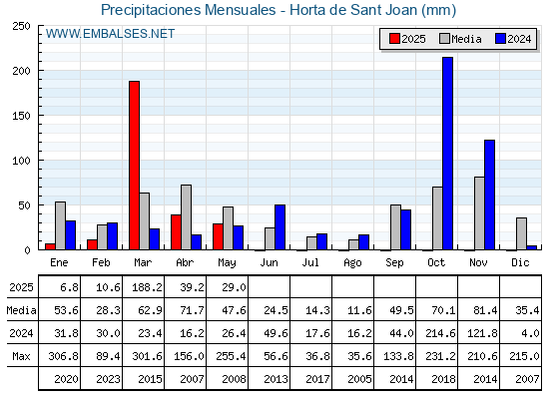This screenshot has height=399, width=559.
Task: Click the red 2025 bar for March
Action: pyautogui.click(x=134, y=166)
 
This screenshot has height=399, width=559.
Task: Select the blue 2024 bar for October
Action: pyautogui.click(x=448, y=154)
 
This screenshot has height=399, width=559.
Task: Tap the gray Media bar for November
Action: pyautogui.click(x=479, y=213)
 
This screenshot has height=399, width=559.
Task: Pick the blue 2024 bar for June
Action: pyautogui.click(x=279, y=227)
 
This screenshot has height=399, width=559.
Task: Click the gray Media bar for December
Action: pyautogui.click(x=521, y=233)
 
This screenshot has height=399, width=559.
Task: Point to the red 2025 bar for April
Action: pyautogui.click(x=176, y=232)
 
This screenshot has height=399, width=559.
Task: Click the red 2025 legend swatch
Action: pyautogui.click(x=394, y=39)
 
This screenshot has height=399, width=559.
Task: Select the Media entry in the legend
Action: pyautogui.click(x=460, y=39)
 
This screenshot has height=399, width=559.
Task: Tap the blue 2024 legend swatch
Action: pyautogui.click(x=500, y=39)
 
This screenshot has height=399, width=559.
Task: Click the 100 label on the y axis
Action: pyautogui.click(x=21, y=161)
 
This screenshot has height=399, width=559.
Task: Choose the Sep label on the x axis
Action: pyautogui.click(x=394, y=263)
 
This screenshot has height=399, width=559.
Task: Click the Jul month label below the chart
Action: pyautogui.click(x=310, y=263)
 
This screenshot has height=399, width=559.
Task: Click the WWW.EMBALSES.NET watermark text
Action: pyautogui.click(x=110, y=34)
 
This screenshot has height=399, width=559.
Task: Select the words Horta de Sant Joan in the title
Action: pyautogui.click(x=353, y=10)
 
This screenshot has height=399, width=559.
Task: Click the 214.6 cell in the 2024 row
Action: pyautogui.click(x=440, y=333)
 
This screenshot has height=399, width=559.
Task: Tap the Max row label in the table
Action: pyautogui.click(x=21, y=356)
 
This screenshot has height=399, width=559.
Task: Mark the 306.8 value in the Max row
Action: pyautogui.click(x=63, y=356)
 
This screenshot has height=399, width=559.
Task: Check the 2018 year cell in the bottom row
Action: pyautogui.click(x=443, y=379)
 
